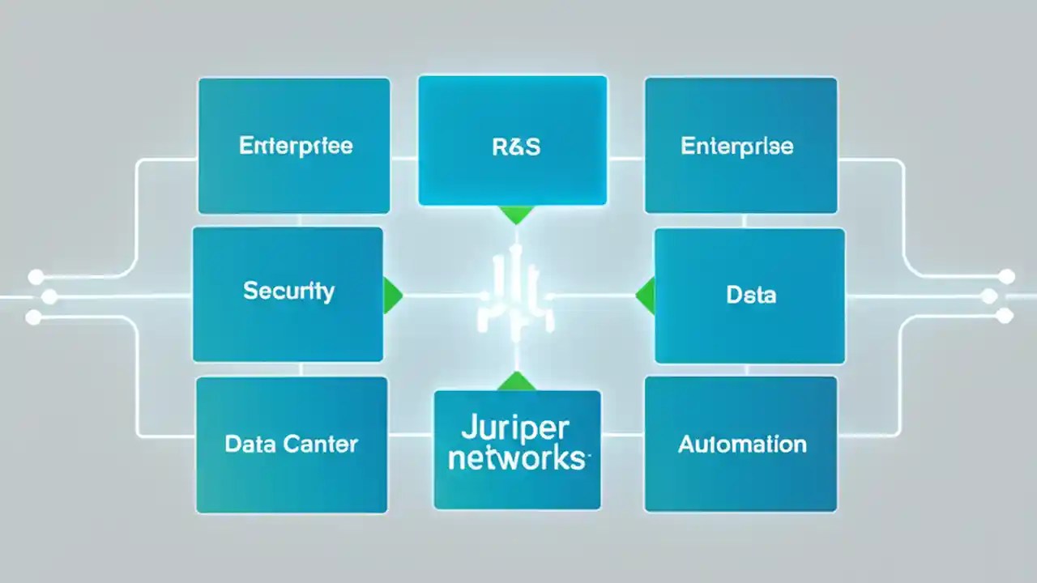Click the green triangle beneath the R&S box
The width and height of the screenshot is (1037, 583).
point(517,215)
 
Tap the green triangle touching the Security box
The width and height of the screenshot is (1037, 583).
point(391,294)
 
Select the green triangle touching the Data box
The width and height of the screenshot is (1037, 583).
point(646,295)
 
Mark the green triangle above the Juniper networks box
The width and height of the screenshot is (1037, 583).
point(516,381)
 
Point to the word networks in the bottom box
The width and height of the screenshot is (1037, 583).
point(516,457)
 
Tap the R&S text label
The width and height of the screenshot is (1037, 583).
point(515,147)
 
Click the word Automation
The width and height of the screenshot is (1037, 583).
point(742,444)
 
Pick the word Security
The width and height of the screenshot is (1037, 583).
point(288,291)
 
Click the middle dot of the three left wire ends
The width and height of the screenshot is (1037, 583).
point(49,296)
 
